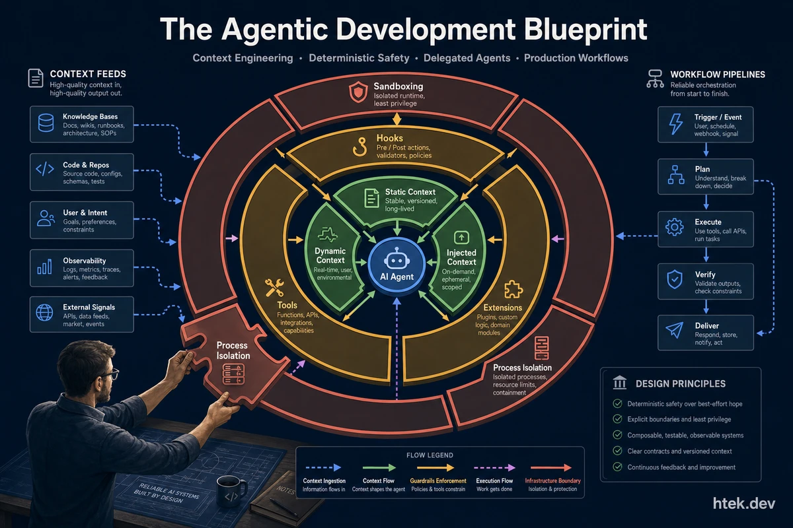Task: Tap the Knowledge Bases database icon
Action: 46,123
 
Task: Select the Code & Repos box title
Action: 86,165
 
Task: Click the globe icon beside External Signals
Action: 45,313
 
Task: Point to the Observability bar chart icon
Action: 45,266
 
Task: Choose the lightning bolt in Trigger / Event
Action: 675,124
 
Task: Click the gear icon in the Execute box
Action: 675,227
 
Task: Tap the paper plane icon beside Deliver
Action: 675,330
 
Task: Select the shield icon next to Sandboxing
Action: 358,92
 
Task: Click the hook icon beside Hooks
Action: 359,147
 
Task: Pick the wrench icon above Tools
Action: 274,288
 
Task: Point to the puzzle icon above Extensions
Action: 513,290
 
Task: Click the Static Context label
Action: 410,192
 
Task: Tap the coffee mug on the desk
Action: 231,491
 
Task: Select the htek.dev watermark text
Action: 744,503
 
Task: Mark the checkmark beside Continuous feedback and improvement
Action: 617,467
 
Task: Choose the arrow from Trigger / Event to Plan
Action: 706,150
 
